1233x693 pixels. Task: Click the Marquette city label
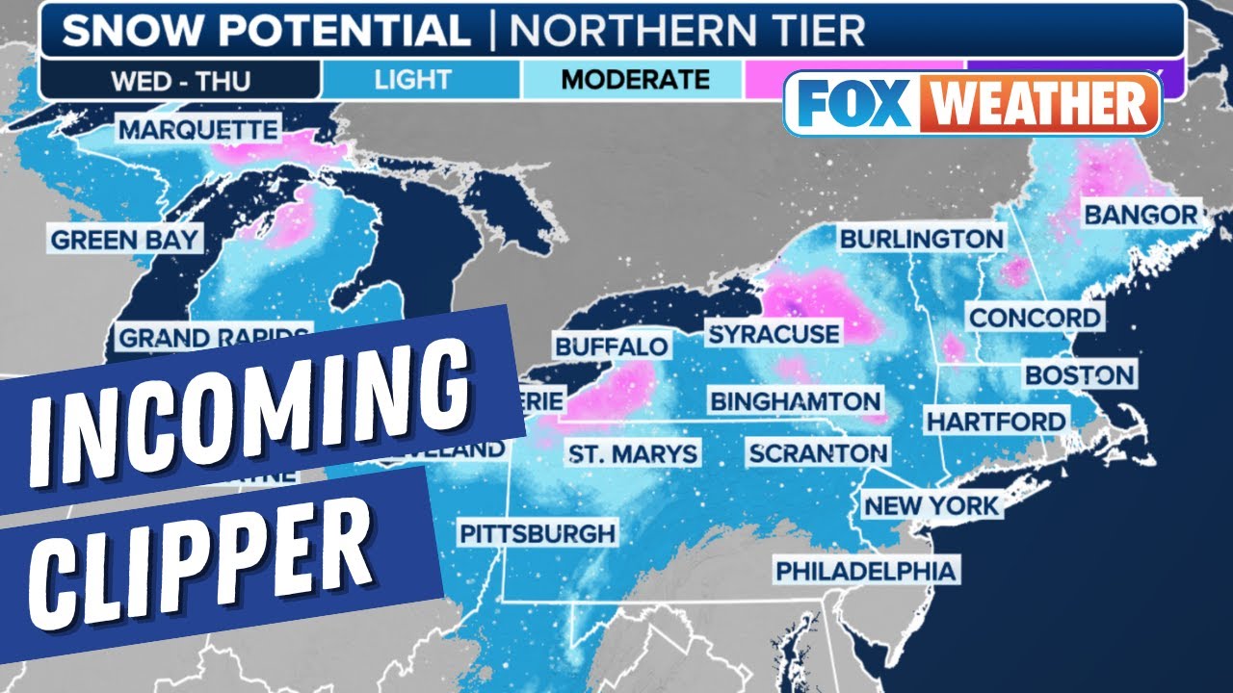tap(197, 129)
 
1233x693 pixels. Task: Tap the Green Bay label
tap(124, 240)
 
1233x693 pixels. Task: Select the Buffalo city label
tap(611, 346)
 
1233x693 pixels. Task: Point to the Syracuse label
tap(774, 334)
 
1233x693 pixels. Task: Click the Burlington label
tap(921, 239)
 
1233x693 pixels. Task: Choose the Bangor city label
tap(1141, 214)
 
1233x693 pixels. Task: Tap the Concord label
tap(1035, 317)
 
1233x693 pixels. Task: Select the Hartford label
tap(996, 421)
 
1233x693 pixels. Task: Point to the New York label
tap(931, 504)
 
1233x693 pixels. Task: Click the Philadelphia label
tap(866, 570)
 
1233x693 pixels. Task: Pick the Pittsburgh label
tap(537, 532)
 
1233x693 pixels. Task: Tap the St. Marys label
tap(632, 453)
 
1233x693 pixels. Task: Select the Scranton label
tap(818, 452)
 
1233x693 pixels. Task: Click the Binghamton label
tap(795, 400)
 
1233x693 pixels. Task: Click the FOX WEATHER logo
tap(973, 104)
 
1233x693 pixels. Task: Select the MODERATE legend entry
tap(635, 79)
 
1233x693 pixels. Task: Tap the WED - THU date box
tap(180, 79)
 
